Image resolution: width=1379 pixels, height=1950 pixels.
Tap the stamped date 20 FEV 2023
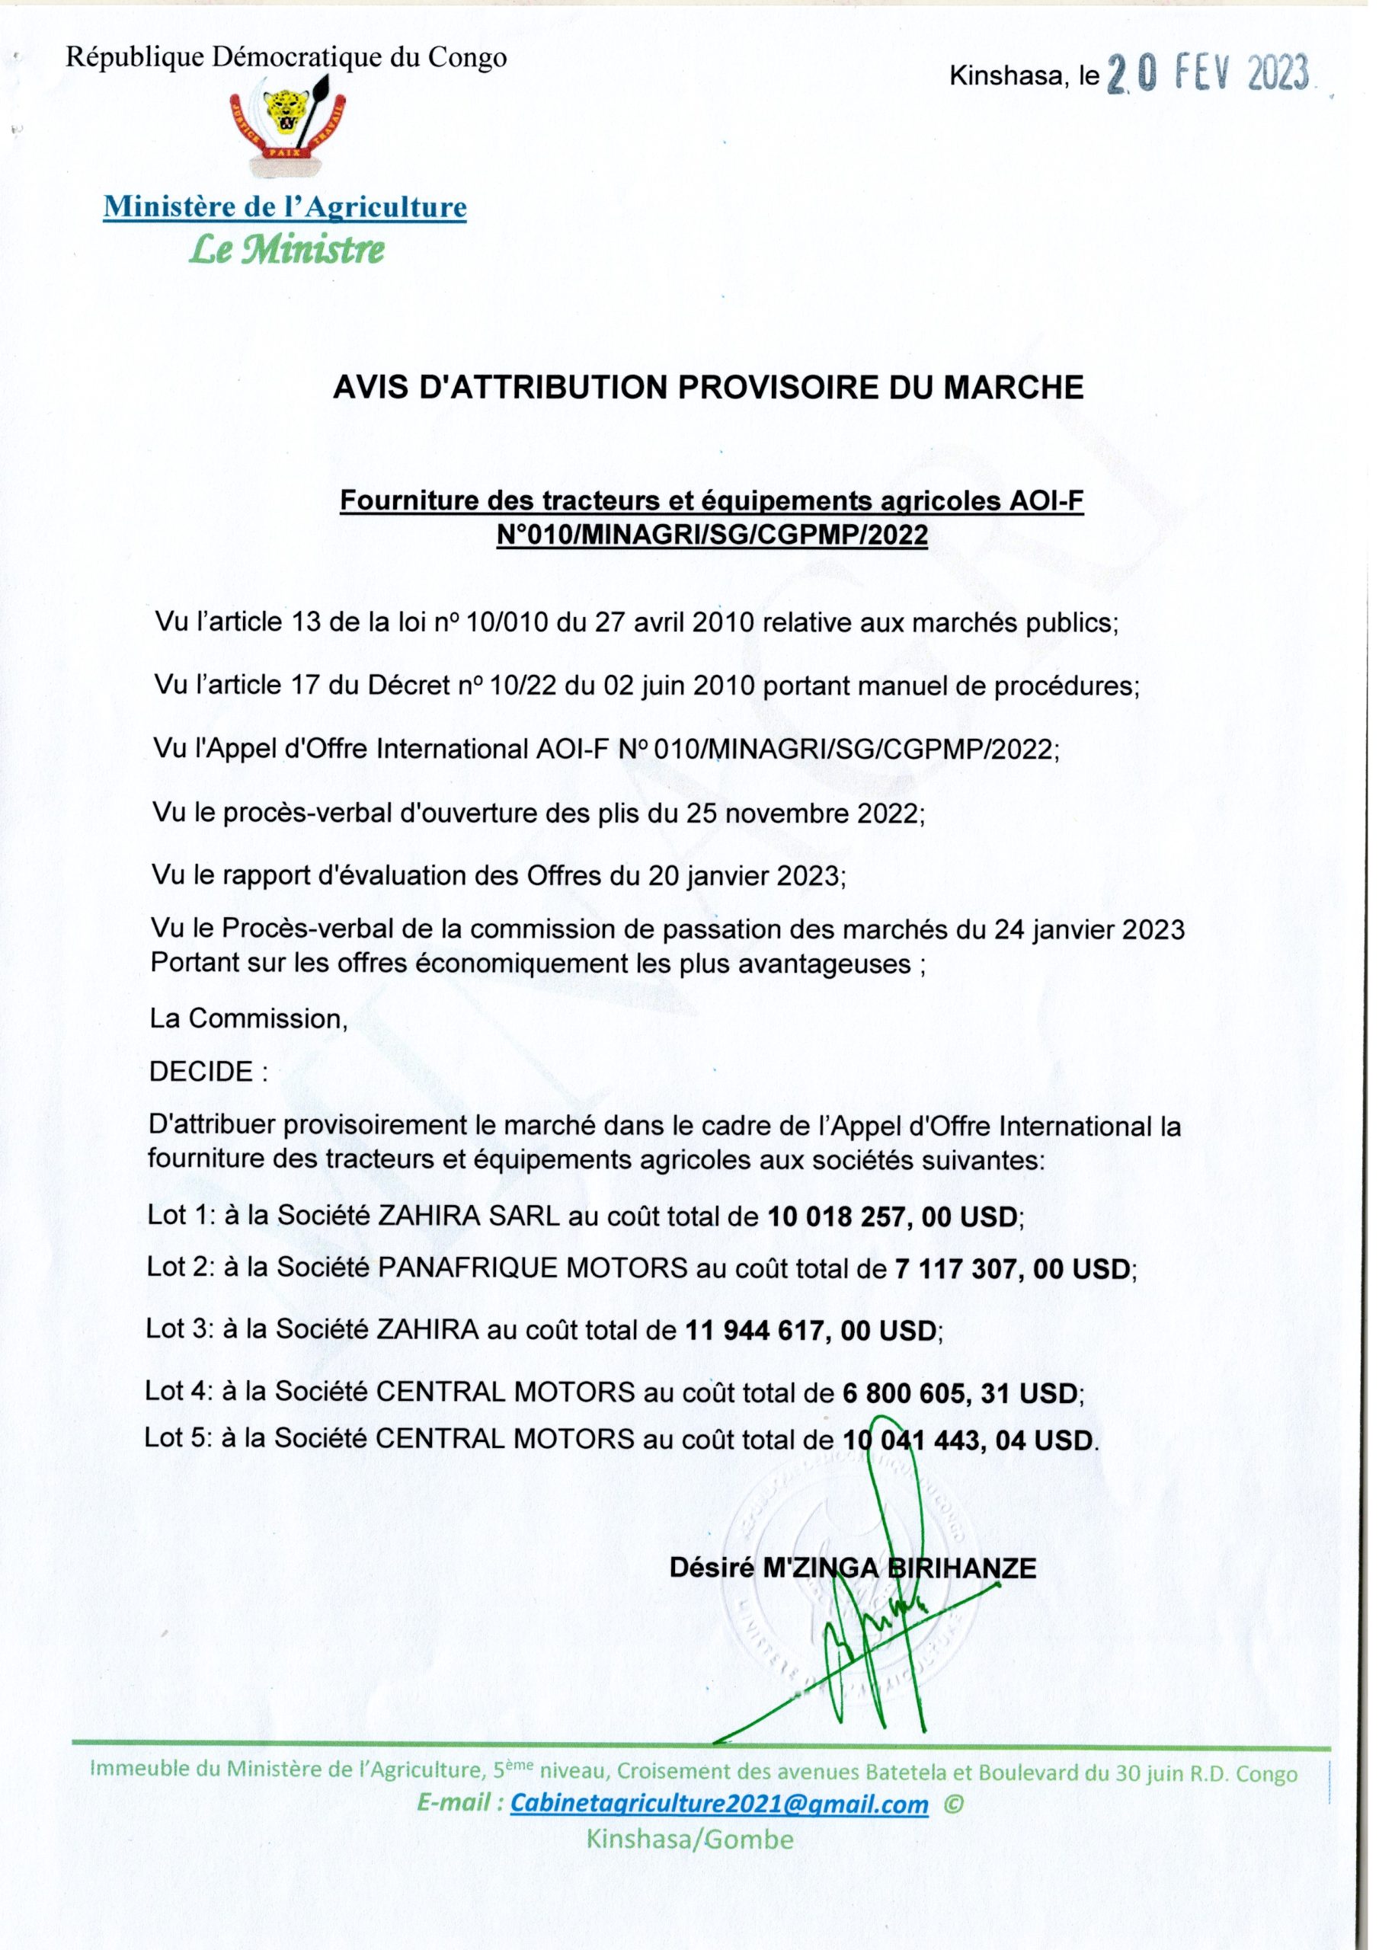[1208, 76]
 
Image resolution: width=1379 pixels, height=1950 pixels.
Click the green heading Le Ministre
[286, 250]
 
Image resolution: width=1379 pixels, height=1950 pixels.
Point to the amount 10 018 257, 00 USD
[894, 1217]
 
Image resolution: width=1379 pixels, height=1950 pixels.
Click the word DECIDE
[201, 1072]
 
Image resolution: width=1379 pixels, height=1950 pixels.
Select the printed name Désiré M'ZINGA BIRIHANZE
[853, 1568]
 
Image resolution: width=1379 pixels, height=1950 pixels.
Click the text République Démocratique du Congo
[286, 58]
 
